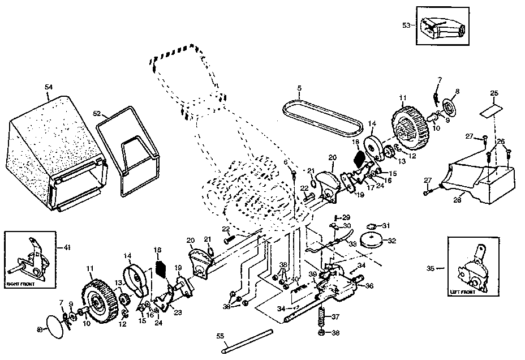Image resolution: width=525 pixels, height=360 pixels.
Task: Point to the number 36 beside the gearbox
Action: tap(369, 286)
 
